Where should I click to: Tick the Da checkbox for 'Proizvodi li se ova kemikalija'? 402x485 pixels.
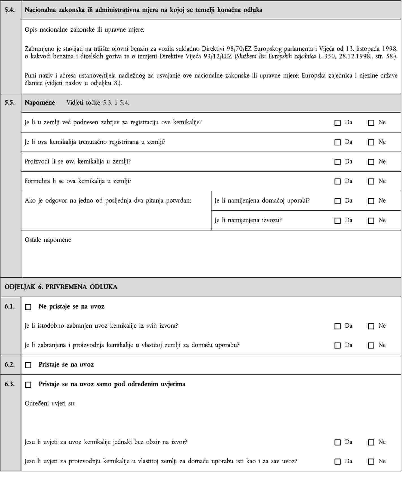337,162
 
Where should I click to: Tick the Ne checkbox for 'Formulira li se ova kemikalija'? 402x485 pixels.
371,181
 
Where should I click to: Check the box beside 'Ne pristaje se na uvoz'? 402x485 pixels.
28,307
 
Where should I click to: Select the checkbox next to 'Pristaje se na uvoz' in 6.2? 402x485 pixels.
28,365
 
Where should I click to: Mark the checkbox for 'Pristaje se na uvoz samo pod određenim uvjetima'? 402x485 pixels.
28,385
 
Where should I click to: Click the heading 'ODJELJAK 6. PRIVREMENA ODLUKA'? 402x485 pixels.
61,287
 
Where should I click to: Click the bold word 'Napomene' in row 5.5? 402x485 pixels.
40,103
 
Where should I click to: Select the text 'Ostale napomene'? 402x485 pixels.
48,240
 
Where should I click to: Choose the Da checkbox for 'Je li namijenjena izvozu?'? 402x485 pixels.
337,221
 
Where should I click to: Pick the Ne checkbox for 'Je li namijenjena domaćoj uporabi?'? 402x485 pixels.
371,201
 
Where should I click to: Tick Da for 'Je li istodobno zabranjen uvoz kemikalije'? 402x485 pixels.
337,326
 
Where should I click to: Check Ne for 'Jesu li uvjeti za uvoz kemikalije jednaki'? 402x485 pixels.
371,442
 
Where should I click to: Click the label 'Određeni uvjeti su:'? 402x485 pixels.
50,403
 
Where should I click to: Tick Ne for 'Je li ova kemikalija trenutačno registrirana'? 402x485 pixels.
371,142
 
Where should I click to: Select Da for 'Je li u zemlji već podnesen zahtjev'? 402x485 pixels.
337,123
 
